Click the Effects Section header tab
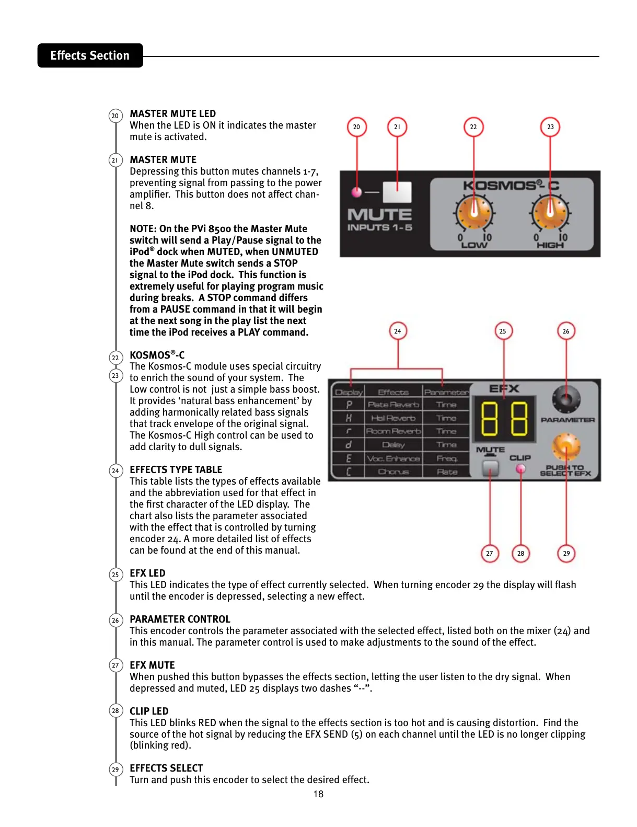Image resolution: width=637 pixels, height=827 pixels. [90, 55]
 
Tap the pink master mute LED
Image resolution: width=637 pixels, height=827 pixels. [357, 192]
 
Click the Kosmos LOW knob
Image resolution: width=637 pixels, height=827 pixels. [474, 212]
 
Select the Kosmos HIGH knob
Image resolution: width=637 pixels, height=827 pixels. [550, 212]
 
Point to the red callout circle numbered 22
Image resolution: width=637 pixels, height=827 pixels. [473, 127]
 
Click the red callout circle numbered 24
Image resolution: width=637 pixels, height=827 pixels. [398, 331]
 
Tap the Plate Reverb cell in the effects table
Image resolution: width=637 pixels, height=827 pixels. [393, 405]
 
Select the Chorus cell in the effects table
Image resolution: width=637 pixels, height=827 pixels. [393, 472]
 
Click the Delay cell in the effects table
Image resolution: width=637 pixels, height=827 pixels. [393, 445]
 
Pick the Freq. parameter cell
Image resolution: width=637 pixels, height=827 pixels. [446, 458]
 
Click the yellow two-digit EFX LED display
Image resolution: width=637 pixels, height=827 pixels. [504, 419]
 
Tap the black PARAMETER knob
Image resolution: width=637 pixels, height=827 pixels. [566, 399]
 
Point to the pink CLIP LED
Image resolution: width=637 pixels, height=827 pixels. [520, 469]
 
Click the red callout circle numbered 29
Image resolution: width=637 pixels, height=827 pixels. [566, 553]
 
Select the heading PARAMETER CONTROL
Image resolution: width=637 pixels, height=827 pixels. [180, 619]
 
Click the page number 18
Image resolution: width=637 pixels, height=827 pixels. [318, 794]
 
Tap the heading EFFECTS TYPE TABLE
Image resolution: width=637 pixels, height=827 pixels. [176, 470]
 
